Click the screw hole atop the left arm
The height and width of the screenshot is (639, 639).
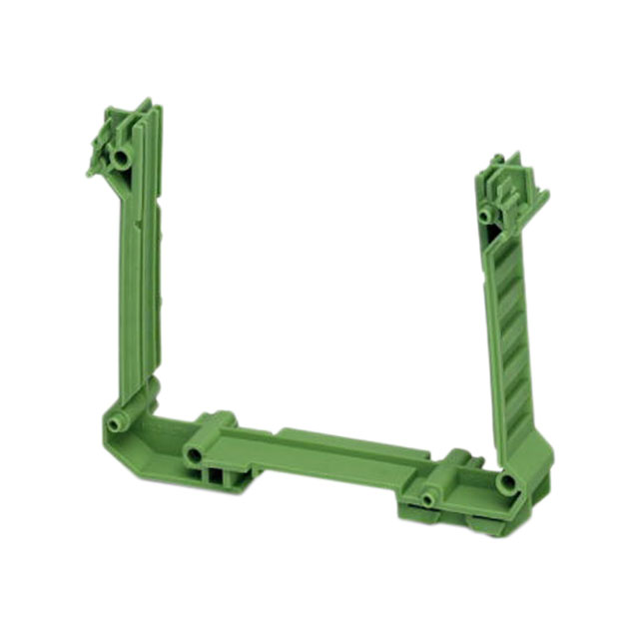coord(121,158)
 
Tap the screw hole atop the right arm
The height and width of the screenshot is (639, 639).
coord(486,214)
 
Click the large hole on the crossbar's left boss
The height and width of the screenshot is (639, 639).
coord(193,455)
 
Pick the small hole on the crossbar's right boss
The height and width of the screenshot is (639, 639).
coord(429,497)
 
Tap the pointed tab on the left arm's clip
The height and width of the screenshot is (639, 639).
coord(93,170)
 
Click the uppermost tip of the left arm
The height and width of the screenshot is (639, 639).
coord(147,103)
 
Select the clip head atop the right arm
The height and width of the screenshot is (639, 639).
coord(514,185)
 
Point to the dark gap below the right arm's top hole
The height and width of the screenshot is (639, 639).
coord(491,236)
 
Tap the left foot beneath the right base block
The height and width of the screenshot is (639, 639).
coord(419,517)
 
